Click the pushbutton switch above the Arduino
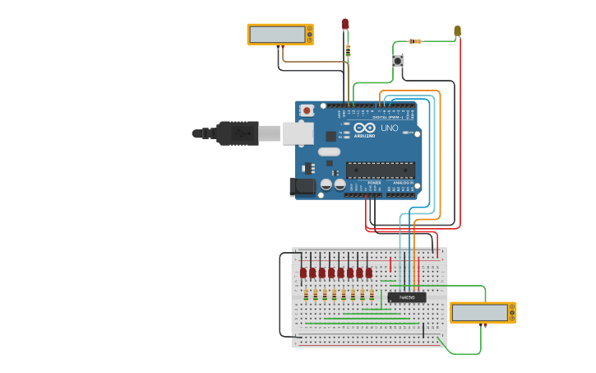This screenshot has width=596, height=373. [x=398, y=60]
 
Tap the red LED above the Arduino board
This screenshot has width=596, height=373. [x=345, y=24]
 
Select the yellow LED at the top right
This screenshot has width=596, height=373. [x=457, y=31]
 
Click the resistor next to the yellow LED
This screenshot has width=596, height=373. [x=415, y=41]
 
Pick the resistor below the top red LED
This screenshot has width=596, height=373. [x=348, y=49]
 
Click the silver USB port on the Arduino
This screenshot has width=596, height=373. [x=298, y=133]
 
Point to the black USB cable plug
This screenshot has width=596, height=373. [x=238, y=133]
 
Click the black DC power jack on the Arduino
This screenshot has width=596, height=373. [x=303, y=187]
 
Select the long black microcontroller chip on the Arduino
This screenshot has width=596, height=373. [x=380, y=170]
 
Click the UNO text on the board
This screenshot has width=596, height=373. [x=389, y=128]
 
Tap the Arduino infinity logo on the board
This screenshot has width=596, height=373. [x=363, y=128]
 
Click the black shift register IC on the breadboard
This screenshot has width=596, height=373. [x=407, y=297]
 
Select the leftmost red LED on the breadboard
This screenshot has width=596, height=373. [x=303, y=273]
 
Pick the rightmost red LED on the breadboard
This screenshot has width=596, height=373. [x=369, y=273]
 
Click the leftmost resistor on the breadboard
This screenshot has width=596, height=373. [x=306, y=294]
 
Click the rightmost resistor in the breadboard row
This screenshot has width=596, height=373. [x=372, y=294]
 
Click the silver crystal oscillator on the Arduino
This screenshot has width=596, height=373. [x=329, y=152]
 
